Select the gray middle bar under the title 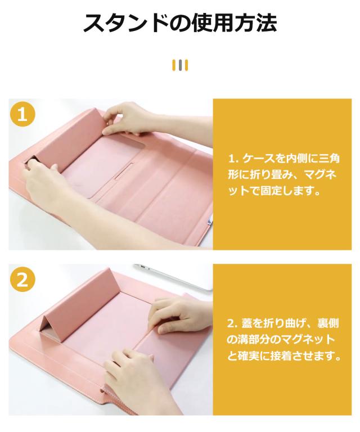tap(180, 65)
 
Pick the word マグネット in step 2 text tap(303, 340)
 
